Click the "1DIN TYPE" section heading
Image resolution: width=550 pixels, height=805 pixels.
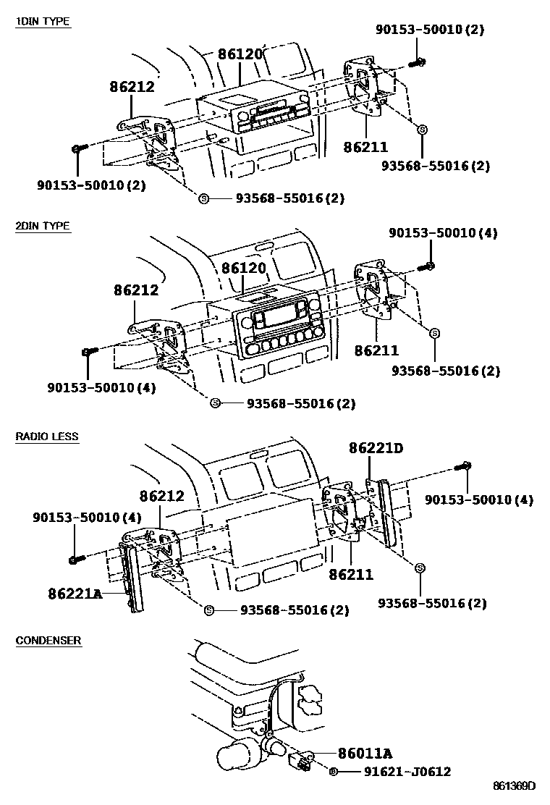[x=43, y=22]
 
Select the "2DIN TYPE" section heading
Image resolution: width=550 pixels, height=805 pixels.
[x=43, y=226]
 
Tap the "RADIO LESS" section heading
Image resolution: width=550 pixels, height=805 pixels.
[x=47, y=437]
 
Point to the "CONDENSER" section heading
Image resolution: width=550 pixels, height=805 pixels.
[x=48, y=641]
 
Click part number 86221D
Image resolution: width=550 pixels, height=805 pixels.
[x=376, y=449]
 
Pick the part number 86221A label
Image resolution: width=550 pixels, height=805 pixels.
[x=75, y=594]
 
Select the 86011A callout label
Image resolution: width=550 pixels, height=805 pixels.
[x=365, y=754]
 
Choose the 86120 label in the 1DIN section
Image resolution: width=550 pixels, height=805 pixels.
[x=241, y=54]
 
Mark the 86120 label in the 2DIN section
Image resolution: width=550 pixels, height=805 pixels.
[x=243, y=268]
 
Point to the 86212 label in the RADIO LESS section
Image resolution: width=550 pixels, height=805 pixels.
[x=161, y=497]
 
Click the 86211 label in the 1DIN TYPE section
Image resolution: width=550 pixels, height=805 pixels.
[x=365, y=147]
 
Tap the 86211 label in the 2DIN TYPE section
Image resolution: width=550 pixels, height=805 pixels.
[x=376, y=350]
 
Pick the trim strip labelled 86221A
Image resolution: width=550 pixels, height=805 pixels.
[x=131, y=579]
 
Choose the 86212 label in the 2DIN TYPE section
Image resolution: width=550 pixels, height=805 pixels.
[x=135, y=290]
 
